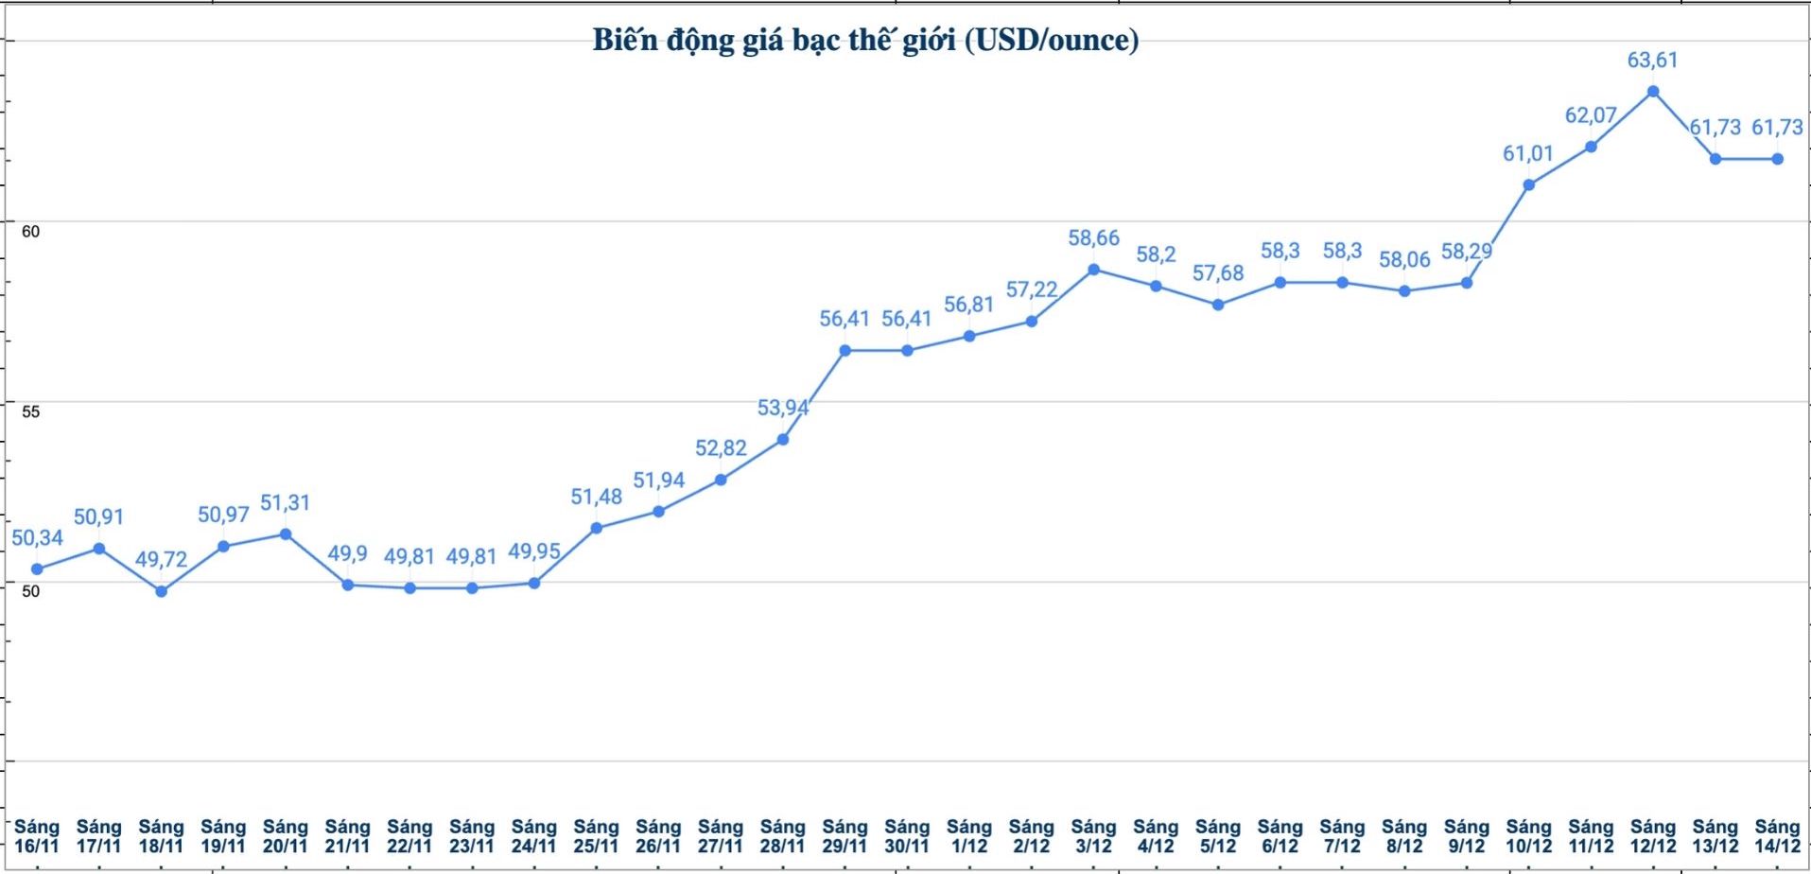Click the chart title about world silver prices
(x=865, y=40)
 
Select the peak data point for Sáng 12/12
(x=1653, y=92)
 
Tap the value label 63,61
(x=1652, y=61)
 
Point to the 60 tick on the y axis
(x=31, y=231)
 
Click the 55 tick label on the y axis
(x=31, y=411)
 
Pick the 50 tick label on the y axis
(x=31, y=591)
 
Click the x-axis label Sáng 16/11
(x=37, y=836)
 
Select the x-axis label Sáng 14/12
(x=1777, y=836)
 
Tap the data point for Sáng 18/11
(x=161, y=591)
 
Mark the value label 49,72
(x=161, y=559)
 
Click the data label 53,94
(x=783, y=408)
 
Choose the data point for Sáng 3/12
(x=1094, y=270)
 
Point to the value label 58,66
(x=1094, y=238)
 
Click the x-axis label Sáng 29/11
(x=845, y=836)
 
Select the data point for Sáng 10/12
(x=1529, y=184)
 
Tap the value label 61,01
(x=1528, y=153)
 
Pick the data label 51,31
(x=286, y=502)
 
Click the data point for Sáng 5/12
(x=1218, y=305)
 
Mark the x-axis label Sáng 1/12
(x=969, y=836)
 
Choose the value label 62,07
(x=1591, y=115)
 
